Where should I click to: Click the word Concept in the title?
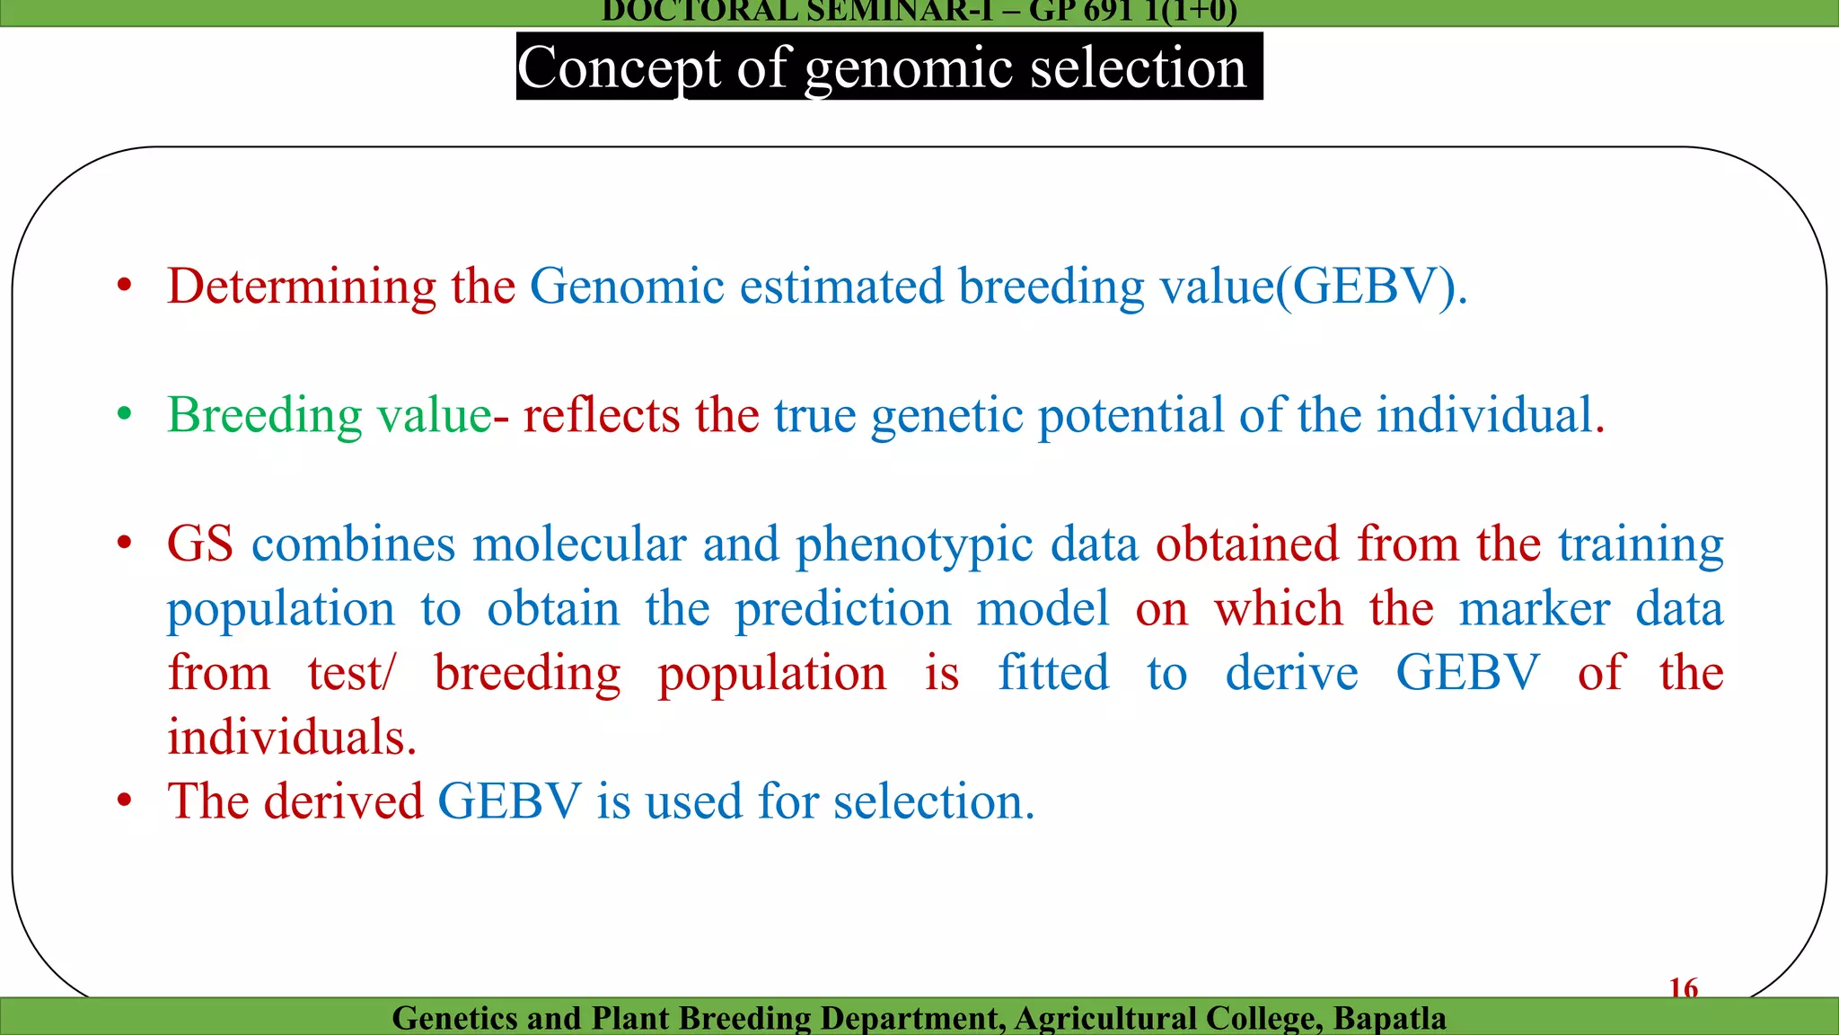pos(619,68)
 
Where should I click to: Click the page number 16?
pos(1683,988)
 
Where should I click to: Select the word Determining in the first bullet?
pos(302,287)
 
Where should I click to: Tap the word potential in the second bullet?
pos(1131,416)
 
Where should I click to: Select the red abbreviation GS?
pos(199,544)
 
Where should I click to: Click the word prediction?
pos(842,609)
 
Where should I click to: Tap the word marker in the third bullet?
pos(1534,609)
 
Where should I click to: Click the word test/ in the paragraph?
pos(351,673)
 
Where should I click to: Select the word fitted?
pos(1053,673)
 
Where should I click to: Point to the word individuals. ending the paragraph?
pos(292,738)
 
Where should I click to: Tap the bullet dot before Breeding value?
pos(125,415)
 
